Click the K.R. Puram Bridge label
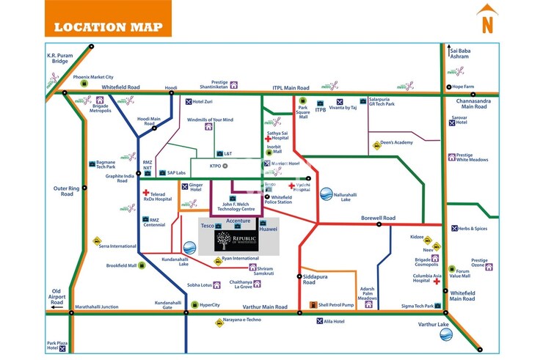coord(62,59)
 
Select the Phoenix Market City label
coord(93,77)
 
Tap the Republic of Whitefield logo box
coord(236,241)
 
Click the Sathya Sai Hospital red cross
coord(268,138)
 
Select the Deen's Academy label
coord(398,144)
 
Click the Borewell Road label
coord(378,218)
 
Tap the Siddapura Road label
coord(314,279)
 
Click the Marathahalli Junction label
coord(96,306)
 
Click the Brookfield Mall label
coord(122,265)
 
